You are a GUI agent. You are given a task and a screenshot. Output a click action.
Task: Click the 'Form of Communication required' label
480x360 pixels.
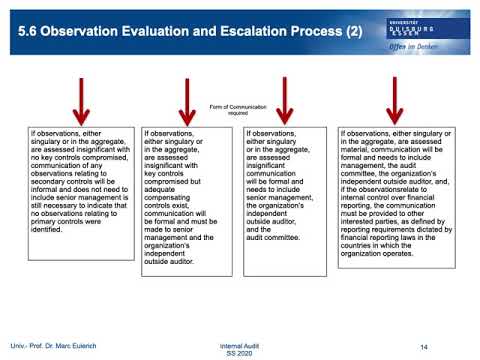[x=237, y=112]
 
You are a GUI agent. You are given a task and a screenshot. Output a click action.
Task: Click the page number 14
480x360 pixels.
[x=424, y=345]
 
